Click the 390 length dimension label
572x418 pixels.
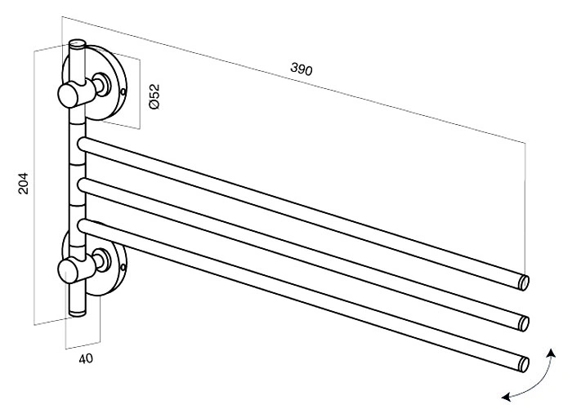pos(302,69)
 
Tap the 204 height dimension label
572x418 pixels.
pos(23,184)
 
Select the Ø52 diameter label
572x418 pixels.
pos(154,96)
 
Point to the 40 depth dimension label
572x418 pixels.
pos(86,358)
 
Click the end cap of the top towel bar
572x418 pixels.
pos(525,282)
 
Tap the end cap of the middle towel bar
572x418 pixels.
pos(525,323)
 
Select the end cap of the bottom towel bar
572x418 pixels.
pos(525,364)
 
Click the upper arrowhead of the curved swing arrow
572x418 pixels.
pos(551,352)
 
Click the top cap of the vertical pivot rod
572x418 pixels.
pos(78,43)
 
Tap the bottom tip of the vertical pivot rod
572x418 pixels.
pos(77,313)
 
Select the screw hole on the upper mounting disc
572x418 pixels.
pos(123,91)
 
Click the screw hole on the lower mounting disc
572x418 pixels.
pos(123,268)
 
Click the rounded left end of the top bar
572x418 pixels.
pos(83,144)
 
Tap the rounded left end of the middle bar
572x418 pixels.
pos(83,185)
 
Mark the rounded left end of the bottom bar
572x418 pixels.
pos(83,225)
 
